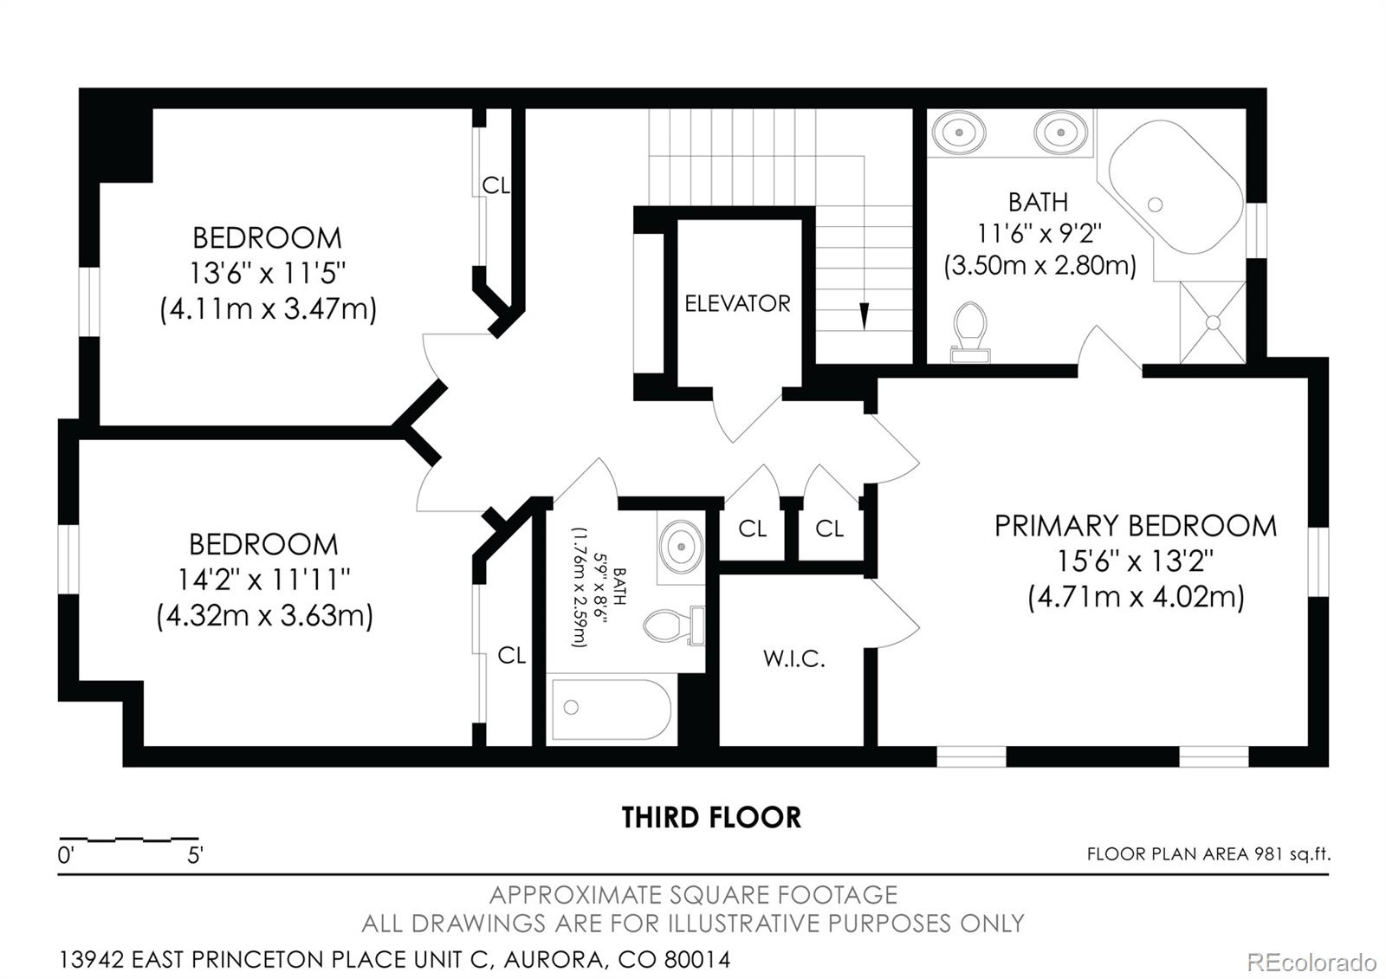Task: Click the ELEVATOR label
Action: point(737,303)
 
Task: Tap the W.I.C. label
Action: point(793,658)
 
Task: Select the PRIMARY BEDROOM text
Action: point(1135,526)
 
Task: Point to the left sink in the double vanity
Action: point(959,133)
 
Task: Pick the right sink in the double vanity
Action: point(1060,133)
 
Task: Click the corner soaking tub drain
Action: point(1155,204)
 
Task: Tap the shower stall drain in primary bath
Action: point(1213,321)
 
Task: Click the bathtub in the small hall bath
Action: point(611,709)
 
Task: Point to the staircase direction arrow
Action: point(864,315)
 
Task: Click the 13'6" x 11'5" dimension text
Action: point(267,273)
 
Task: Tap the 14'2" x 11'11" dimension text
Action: point(264,579)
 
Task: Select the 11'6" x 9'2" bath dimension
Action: point(1039,233)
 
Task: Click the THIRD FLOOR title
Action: point(711,817)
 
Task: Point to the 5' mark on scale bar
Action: point(196,856)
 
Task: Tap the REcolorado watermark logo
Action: point(1311,962)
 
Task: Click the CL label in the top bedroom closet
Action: point(495,185)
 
